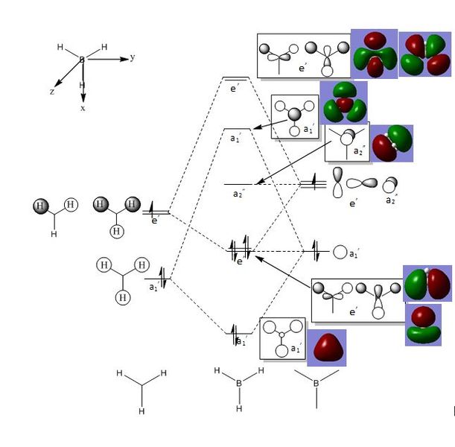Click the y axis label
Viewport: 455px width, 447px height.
tap(132, 57)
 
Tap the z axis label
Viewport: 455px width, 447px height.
tap(52, 91)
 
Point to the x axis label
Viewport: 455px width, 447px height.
tap(83, 108)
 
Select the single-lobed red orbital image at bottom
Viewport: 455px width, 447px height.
tap(327, 348)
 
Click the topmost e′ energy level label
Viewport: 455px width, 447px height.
tap(235, 89)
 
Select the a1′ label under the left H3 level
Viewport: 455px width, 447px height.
tap(154, 286)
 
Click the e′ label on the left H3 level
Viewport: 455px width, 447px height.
tap(156, 220)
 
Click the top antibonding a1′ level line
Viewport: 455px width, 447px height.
tap(236, 130)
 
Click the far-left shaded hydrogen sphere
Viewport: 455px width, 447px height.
tap(40, 206)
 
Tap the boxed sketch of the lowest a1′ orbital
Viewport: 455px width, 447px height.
tap(282, 339)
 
